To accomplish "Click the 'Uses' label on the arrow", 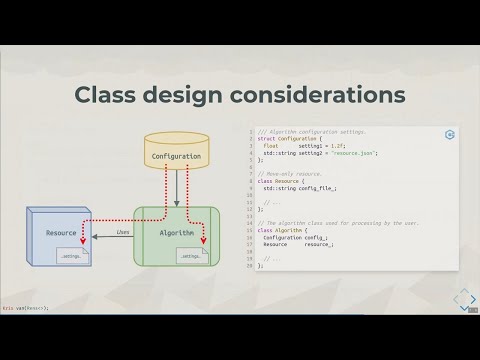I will [x=122, y=231].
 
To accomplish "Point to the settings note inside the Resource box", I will [x=73, y=257].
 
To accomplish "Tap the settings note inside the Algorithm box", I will [x=189, y=257].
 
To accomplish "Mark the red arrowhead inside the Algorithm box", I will [x=202, y=241].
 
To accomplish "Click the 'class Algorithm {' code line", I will [x=285, y=230].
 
